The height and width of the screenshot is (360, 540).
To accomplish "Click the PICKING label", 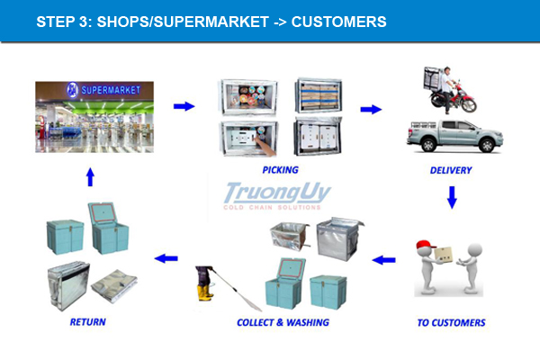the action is pyautogui.click(x=280, y=170).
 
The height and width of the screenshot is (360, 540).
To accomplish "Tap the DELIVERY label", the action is pyautogui.click(x=451, y=170).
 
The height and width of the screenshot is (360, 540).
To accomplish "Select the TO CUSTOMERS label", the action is pyautogui.click(x=451, y=323).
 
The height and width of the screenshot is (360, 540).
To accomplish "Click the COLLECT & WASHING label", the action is pyautogui.click(x=283, y=322).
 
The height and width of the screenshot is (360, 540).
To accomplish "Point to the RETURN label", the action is pyautogui.click(x=88, y=322).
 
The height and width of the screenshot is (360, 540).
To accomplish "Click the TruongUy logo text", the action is pyautogui.click(x=277, y=193).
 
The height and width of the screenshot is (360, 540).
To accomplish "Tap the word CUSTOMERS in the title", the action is pyautogui.click(x=339, y=22).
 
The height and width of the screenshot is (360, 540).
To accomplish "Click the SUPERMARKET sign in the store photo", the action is pyautogui.click(x=111, y=90).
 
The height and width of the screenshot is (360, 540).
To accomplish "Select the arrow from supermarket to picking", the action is pyautogui.click(x=184, y=106).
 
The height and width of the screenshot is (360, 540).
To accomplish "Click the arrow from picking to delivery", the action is pyautogui.click(x=371, y=110).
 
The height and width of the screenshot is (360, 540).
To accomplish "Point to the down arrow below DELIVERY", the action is pyautogui.click(x=452, y=197).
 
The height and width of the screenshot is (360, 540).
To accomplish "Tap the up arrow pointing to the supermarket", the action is pyautogui.click(x=90, y=177).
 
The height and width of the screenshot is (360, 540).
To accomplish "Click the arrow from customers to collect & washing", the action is pyautogui.click(x=383, y=260).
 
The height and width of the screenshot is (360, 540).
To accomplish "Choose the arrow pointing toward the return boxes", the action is pyautogui.click(x=166, y=258).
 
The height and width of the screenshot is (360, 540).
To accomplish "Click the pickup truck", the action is pyautogui.click(x=454, y=136).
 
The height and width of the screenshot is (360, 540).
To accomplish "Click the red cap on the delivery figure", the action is pyautogui.click(x=425, y=245).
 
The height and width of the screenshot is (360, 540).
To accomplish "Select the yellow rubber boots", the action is pyautogui.click(x=203, y=293).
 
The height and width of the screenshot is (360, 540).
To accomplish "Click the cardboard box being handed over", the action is pyautogui.click(x=443, y=255).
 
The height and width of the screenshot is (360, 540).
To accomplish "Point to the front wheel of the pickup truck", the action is pyautogui.click(x=487, y=146).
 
